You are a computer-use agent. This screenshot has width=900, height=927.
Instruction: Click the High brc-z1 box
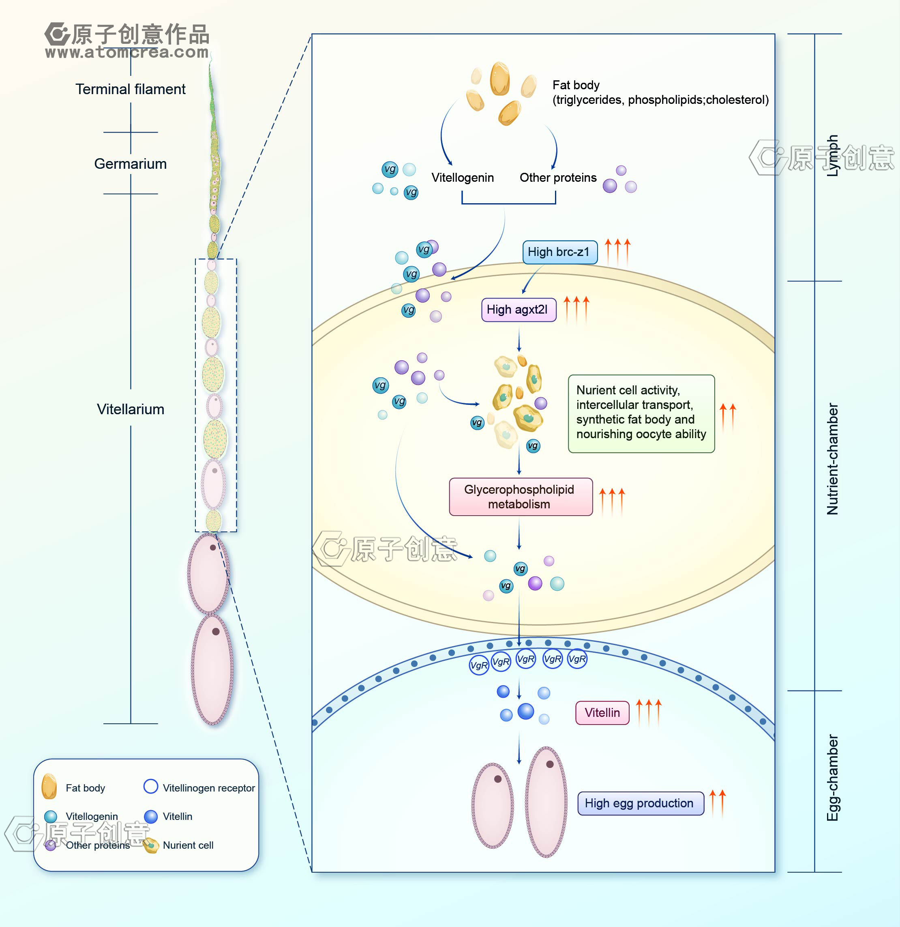(559, 252)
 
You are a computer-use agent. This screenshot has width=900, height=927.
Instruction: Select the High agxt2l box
(518, 310)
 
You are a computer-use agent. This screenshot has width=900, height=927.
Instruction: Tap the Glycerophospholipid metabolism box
(520, 497)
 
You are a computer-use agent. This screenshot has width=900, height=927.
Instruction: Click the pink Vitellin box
(602, 713)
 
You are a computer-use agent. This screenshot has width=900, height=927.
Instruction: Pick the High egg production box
(640, 803)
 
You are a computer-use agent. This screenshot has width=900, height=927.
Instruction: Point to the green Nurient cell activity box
(641, 413)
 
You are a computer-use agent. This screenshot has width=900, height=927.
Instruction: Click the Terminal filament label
(131, 89)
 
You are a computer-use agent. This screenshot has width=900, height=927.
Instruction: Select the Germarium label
(131, 163)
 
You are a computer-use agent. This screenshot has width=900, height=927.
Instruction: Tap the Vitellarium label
(131, 409)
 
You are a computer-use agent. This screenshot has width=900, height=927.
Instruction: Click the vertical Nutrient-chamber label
(832, 459)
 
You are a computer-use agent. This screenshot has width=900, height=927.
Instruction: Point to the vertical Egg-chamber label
(832, 778)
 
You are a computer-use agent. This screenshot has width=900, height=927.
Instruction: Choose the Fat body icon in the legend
(49, 786)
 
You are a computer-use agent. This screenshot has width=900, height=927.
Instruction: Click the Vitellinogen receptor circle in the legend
(150, 786)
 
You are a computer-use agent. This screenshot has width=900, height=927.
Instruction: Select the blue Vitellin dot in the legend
(150, 816)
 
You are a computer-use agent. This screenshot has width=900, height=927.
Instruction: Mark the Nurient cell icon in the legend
(151, 845)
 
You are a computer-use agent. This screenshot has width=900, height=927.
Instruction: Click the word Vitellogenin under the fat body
(462, 178)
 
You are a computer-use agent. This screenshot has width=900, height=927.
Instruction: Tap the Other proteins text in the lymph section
(558, 178)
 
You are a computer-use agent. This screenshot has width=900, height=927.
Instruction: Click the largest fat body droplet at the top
(499, 79)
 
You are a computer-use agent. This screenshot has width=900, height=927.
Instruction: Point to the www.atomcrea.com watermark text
(126, 52)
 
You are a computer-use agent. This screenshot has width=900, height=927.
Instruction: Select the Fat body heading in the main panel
(576, 85)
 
